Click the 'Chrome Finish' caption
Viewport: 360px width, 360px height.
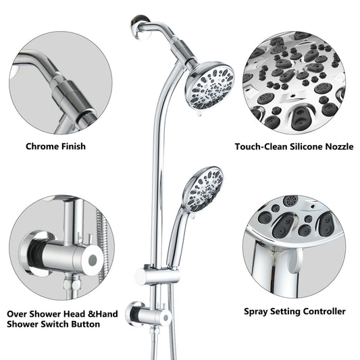[55, 146]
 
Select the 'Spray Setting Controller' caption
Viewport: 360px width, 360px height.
[294, 311]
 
